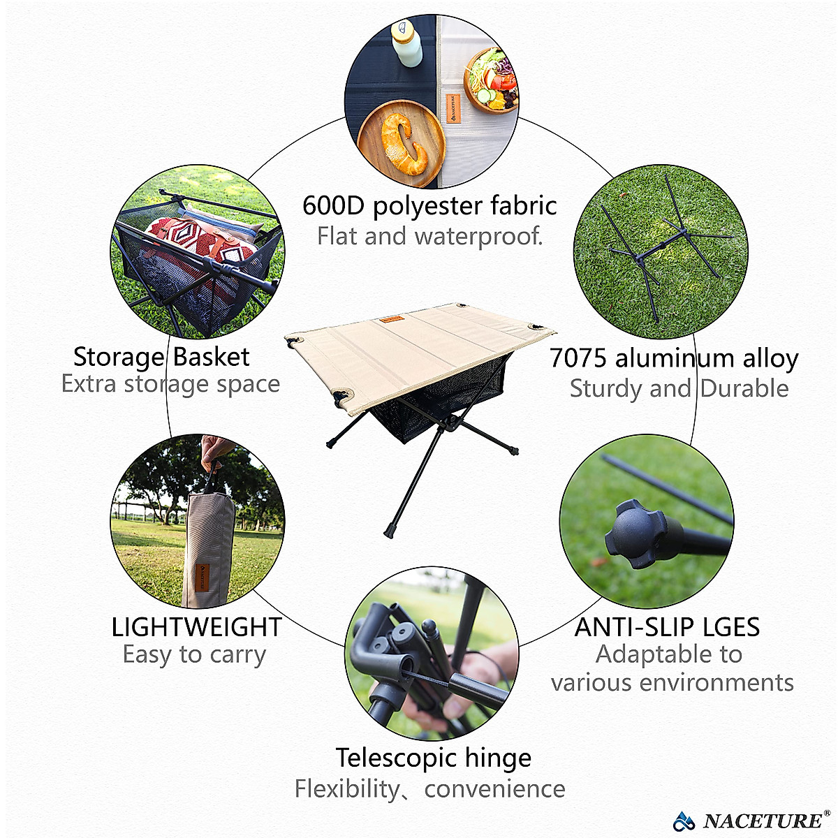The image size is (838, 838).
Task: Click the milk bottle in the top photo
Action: tap(406, 43)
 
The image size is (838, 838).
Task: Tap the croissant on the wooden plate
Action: tap(404, 143)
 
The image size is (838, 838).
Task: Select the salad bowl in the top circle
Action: tap(492, 80)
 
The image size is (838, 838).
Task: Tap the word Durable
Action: tap(744, 389)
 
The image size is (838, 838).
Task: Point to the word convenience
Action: tap(494, 789)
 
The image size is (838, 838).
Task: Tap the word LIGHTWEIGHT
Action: tap(196, 627)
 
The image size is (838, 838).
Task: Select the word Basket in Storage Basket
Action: tap(211, 357)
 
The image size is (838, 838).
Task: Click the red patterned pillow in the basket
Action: tap(203, 241)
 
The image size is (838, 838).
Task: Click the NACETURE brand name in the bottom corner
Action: tap(763, 821)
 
